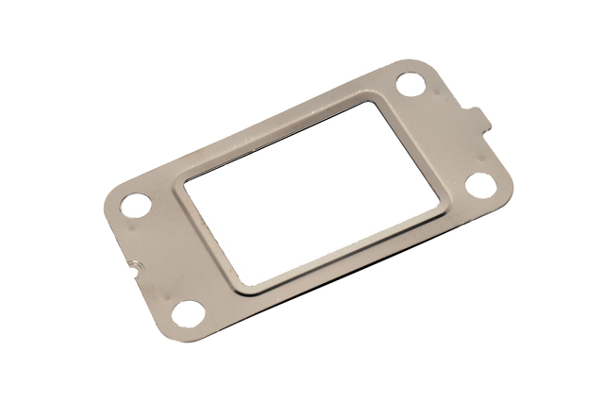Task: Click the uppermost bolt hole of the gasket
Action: pos(411,85)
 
